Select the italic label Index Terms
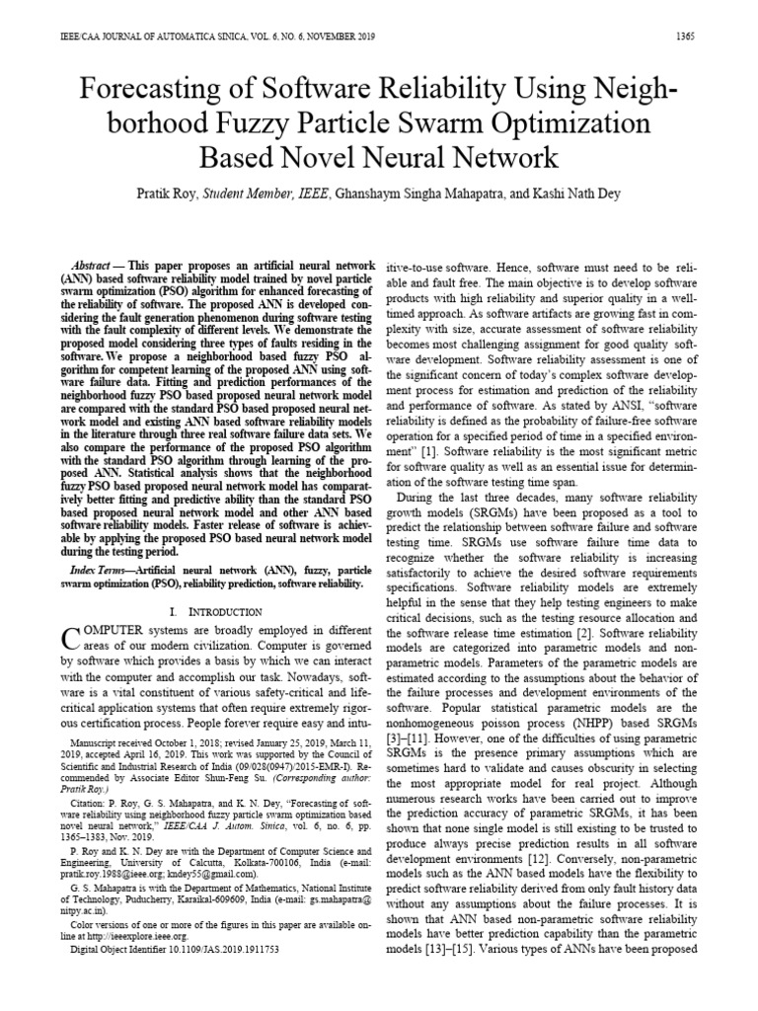pos(103,572)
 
